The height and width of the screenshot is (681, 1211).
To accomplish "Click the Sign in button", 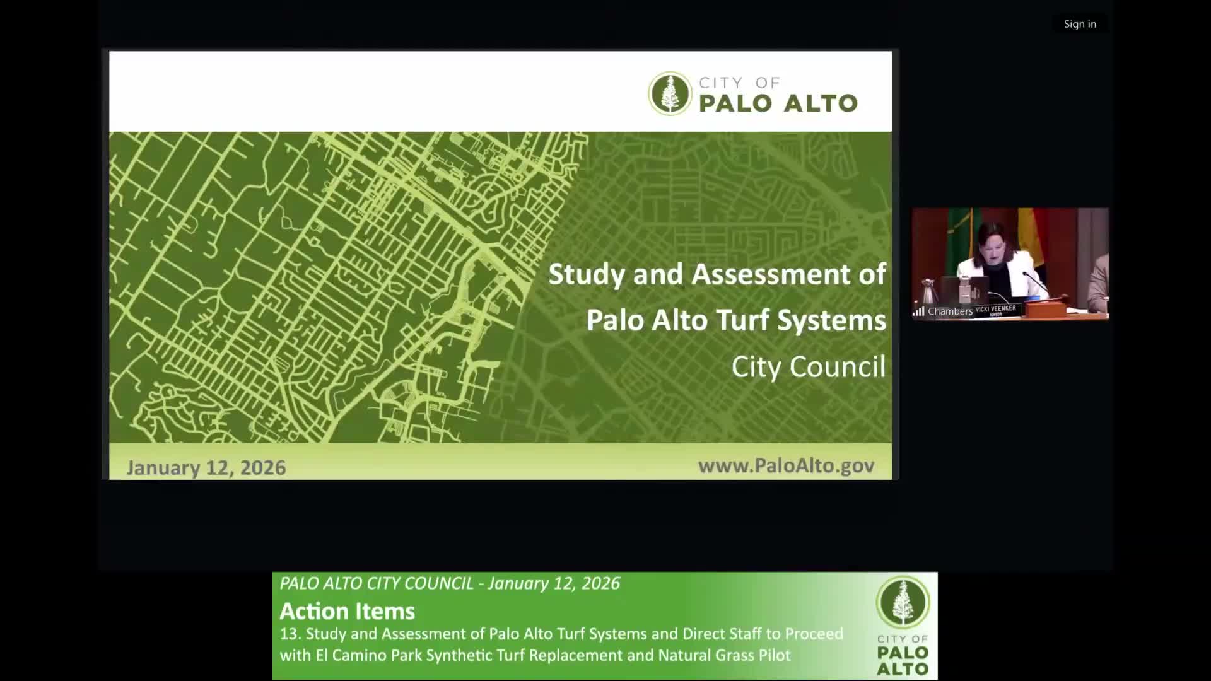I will pos(1080,24).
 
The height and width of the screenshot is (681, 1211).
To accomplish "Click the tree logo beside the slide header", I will pos(670,93).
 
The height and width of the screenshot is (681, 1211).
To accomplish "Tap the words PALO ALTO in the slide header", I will pos(778,103).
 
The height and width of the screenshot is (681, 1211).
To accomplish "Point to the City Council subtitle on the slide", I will pos(808,367).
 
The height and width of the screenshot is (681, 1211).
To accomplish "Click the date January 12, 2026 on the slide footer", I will pos(206,467).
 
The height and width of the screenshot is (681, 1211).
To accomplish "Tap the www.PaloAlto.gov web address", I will pos(786,465).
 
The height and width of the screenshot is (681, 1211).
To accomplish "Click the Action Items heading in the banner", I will pos(347,611).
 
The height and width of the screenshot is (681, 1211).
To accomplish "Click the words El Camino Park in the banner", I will pos(369,655).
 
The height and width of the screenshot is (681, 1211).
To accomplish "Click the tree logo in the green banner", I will pos(903,602).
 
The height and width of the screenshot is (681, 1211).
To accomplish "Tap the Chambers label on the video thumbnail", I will pos(950,311).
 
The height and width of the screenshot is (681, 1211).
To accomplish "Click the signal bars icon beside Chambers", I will pos(919,311).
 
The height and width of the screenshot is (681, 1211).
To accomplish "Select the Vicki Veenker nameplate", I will pos(996,310).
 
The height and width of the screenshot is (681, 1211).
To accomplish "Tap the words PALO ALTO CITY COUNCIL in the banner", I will pos(377,583).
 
